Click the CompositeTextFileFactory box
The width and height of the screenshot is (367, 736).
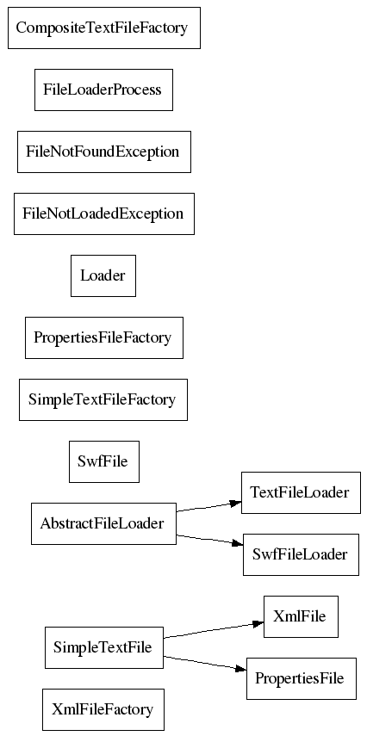pyautogui.click(x=104, y=28)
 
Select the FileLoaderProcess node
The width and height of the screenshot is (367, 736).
pyautogui.click(x=103, y=90)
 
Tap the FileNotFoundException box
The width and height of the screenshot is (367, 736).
pyautogui.click(x=104, y=152)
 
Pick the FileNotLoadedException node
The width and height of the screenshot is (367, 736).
pyautogui.click(x=104, y=213)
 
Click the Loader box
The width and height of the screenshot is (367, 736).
pyautogui.click(x=103, y=275)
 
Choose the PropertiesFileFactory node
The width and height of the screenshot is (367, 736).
pyautogui.click(x=104, y=337)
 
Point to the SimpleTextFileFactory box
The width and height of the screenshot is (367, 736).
pyautogui.click(x=103, y=399)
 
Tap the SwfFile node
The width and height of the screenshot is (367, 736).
pyautogui.click(x=104, y=461)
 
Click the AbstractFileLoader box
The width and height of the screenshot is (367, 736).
pyautogui.click(x=103, y=523)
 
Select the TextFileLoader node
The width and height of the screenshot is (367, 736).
pyautogui.click(x=301, y=492)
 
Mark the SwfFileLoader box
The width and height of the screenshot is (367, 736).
pyautogui.click(x=301, y=554)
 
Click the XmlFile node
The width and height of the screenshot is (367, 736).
pyautogui.click(x=301, y=616)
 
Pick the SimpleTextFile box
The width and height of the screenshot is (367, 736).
pyautogui.click(x=104, y=647)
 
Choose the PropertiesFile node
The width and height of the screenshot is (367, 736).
pyautogui.click(x=302, y=678)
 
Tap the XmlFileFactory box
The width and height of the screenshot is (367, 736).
pyautogui.click(x=103, y=709)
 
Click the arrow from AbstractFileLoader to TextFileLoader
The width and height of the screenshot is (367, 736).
pyautogui.click(x=209, y=507)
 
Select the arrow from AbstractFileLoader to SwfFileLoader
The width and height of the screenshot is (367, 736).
pyautogui.click(x=209, y=540)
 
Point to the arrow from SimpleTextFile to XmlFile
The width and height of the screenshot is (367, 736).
pyautogui.click(x=214, y=630)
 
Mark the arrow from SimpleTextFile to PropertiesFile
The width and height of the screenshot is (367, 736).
pyautogui.click(x=205, y=663)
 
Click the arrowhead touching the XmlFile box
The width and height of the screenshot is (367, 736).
pyautogui.click(x=258, y=623)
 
